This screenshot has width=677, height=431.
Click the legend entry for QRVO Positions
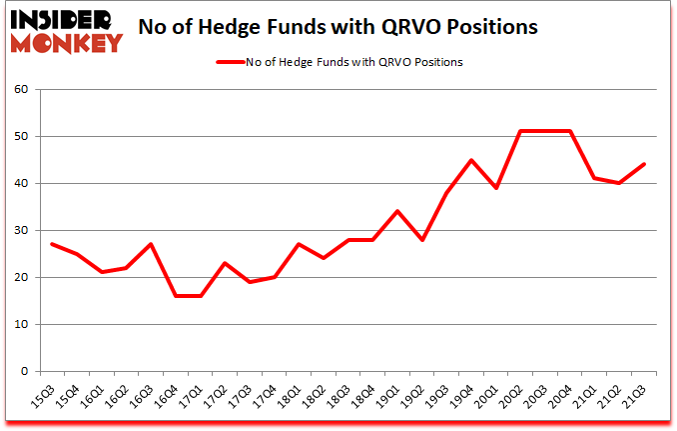tap(340, 62)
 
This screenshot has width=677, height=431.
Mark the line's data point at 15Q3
tap(52, 244)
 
